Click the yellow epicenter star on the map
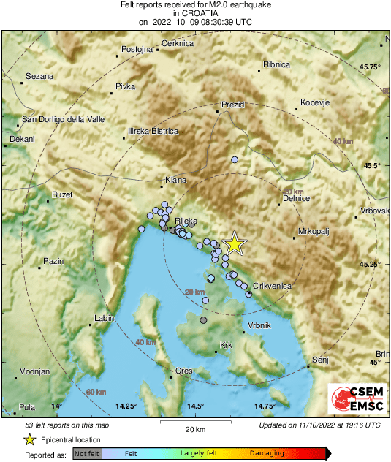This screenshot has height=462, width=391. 234,243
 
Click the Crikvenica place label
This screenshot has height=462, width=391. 273,286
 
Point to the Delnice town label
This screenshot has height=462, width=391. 297,198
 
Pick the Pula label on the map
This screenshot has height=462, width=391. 27,407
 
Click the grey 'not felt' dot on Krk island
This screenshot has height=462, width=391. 203,320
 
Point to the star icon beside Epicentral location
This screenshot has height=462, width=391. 29,439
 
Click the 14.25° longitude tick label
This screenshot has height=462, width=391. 126,406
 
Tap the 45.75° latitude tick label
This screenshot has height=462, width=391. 372,67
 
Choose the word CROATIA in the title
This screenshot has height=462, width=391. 195,13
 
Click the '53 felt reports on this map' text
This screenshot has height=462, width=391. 67,425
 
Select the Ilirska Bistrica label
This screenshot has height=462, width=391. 153,131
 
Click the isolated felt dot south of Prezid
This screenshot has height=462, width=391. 235,159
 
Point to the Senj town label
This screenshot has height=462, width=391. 320,360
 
